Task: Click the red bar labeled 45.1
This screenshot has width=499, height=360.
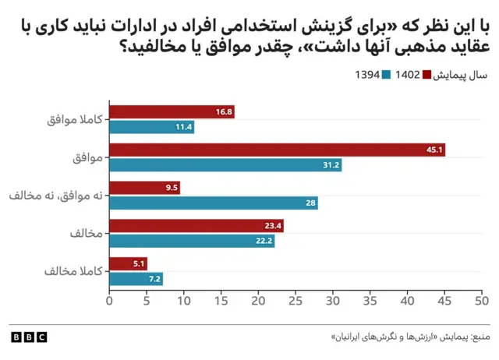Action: pos(277,150)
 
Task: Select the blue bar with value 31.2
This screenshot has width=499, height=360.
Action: pos(225,165)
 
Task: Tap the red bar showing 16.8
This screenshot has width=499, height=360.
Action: pos(172,112)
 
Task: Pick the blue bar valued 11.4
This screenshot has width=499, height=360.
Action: pos(151,127)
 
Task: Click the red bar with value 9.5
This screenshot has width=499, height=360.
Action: pos(144,188)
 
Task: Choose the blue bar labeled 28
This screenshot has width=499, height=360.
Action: pos(214,203)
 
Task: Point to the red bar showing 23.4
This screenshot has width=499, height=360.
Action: pos(196,226)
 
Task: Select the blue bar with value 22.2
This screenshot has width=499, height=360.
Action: pos(192,241)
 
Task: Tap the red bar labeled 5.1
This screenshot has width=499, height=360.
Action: pos(128,264)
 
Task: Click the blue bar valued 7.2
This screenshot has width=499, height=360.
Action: pos(136,279)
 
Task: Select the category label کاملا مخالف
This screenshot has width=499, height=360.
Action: pos(76,272)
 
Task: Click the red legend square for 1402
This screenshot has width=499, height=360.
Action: pos(427,75)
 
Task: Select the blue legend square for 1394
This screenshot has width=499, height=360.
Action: pos(385,75)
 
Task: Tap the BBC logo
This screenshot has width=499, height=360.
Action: pos(29,337)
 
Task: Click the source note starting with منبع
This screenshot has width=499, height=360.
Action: pos(410,337)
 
